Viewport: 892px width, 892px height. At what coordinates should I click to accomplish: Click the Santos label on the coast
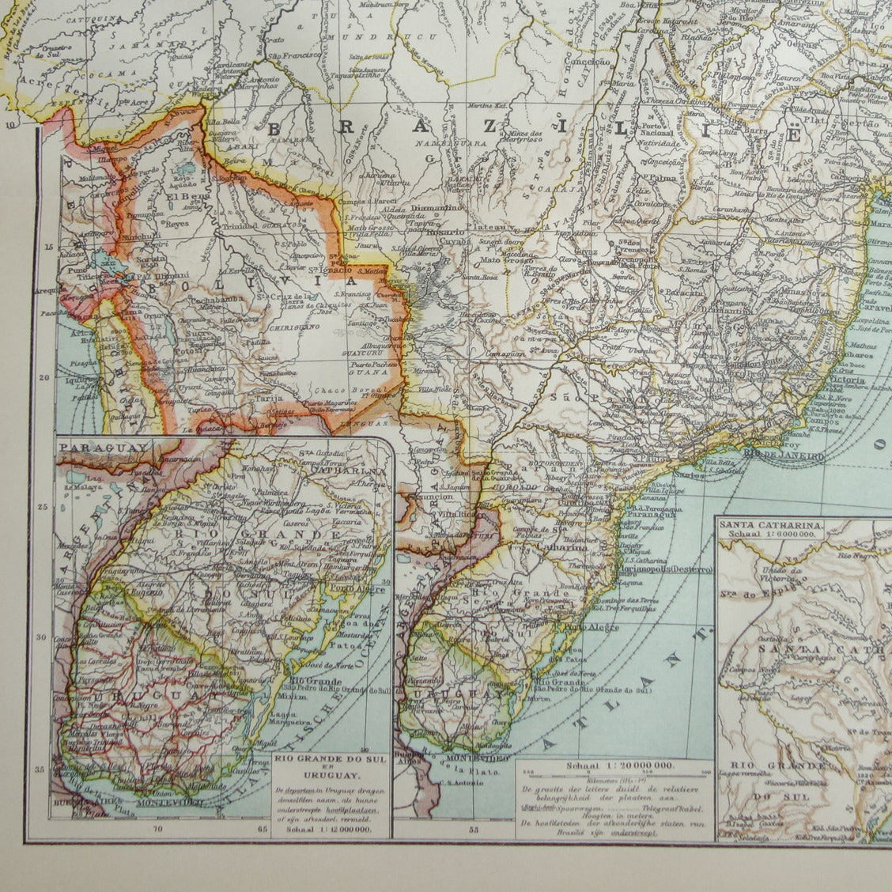click(x=690, y=476)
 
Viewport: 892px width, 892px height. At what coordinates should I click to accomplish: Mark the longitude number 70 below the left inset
click(x=159, y=830)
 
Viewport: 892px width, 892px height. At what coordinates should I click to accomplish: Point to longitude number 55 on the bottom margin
click(x=474, y=830)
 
